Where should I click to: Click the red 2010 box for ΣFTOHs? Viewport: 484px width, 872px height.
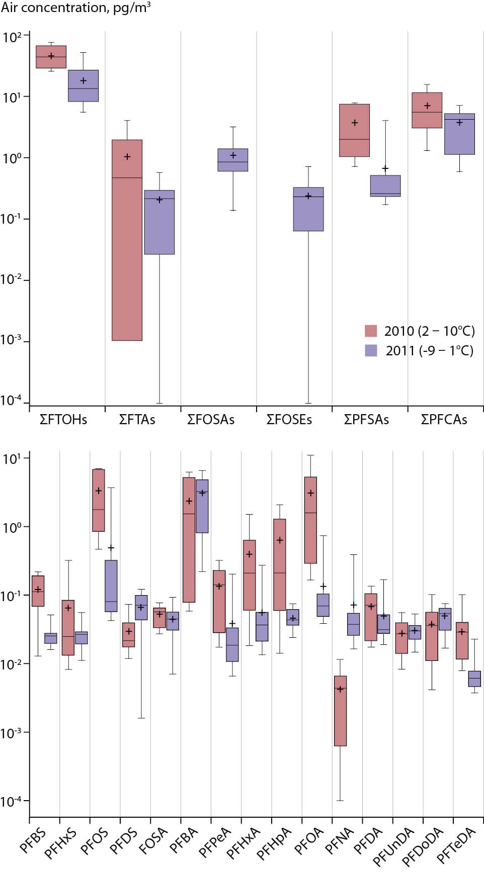(51, 57)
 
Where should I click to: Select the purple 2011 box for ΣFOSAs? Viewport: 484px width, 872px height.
(232, 160)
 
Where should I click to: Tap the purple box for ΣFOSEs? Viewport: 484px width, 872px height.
(308, 209)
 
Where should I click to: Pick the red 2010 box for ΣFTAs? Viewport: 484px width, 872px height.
(127, 240)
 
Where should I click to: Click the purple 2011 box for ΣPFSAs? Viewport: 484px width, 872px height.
(385, 186)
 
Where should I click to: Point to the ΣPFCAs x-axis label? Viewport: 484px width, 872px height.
(444, 420)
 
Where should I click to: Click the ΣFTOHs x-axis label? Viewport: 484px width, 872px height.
(63, 420)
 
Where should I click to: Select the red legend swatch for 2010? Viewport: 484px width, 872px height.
(371, 331)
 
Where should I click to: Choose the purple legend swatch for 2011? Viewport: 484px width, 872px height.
(371, 350)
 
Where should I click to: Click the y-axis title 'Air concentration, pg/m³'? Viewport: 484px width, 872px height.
(75, 8)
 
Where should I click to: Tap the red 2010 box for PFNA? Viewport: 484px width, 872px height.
(340, 711)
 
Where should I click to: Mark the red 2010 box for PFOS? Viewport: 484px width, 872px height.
(98, 500)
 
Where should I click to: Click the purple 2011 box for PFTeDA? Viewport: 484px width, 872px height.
(474, 679)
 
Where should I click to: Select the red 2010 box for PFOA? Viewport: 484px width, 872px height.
(310, 520)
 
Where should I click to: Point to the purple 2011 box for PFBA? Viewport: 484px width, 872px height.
(202, 506)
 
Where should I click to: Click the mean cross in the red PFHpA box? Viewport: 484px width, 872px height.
(280, 540)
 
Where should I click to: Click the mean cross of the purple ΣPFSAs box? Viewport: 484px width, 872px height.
(385, 168)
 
